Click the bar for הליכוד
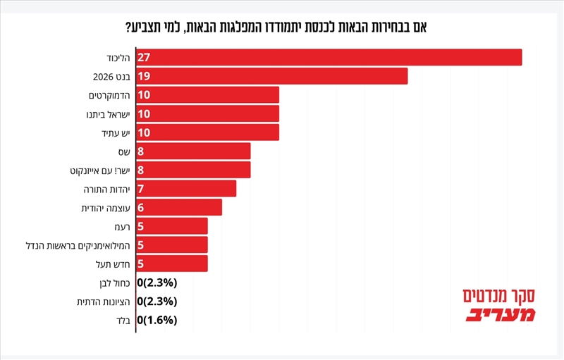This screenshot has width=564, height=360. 329,57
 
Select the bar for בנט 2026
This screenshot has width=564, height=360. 271,76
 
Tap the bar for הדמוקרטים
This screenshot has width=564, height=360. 207,94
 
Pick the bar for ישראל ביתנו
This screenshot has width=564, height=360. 207,113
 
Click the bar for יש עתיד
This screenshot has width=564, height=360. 207,132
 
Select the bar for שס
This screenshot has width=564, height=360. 193,151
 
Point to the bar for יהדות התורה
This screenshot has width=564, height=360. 186,189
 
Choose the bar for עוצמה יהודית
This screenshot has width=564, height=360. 179,207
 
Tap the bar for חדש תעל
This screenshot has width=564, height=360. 172,263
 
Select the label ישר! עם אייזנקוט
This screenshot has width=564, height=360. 101,170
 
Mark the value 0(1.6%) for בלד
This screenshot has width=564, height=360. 157,320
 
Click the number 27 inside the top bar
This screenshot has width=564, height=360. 145,57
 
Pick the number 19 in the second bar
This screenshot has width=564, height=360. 145,76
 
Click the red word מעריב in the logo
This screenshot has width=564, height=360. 500,314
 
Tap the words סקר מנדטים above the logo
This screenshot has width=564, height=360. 500,295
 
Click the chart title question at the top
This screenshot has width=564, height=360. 282,27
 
